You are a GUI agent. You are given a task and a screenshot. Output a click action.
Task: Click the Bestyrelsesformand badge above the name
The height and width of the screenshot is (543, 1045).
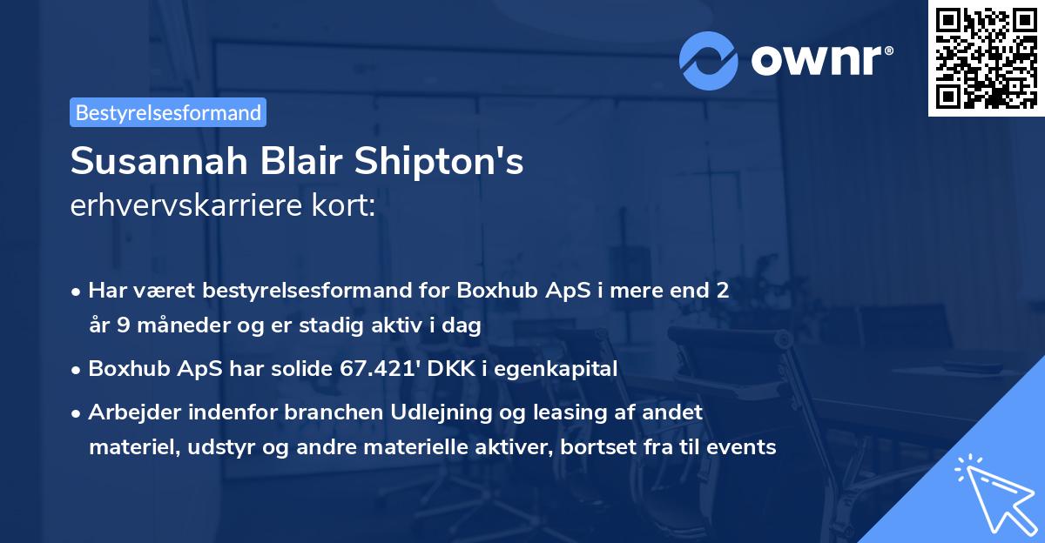(x=168, y=112)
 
